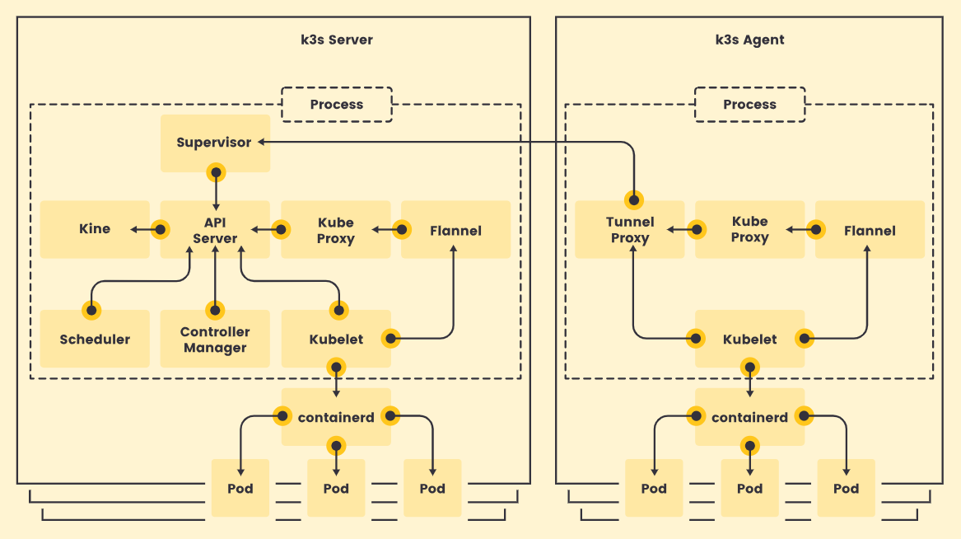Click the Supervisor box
pos(215,143)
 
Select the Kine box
pos(95,229)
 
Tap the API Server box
pos(215,229)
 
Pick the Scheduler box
pos(95,339)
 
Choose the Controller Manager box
pos(215,339)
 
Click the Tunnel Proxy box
pos(629,229)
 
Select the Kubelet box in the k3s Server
pos(336,339)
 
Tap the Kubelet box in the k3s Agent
pos(749,339)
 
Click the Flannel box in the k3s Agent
pos(870,229)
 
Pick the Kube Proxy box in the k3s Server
pos(336,229)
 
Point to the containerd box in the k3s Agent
pos(749,417)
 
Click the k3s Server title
pos(337,40)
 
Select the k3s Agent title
pos(749,40)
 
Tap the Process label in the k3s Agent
pos(749,104)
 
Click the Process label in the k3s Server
pos(337,104)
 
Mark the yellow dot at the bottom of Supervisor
pos(216,172)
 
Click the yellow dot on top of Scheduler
pos(91,310)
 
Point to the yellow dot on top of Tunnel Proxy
pos(634,200)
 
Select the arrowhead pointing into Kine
pos(133,230)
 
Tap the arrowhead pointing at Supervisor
pos(261,143)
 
